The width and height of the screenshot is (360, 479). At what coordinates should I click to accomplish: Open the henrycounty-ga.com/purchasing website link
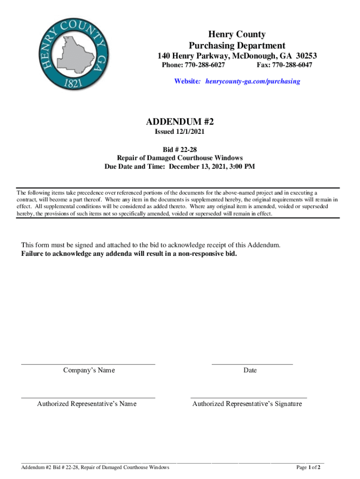[x=251, y=81]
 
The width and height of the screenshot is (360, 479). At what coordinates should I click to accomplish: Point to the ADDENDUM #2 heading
[x=180, y=122]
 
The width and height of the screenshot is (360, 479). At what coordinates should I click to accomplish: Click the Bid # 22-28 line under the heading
[x=180, y=149]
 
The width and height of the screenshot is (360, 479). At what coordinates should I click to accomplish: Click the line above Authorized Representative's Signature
[x=249, y=398]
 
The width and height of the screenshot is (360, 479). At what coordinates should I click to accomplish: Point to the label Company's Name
[x=89, y=370]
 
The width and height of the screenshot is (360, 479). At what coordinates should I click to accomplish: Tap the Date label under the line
[x=250, y=370]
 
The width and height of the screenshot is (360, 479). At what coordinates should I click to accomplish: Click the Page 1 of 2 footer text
[x=308, y=467]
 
